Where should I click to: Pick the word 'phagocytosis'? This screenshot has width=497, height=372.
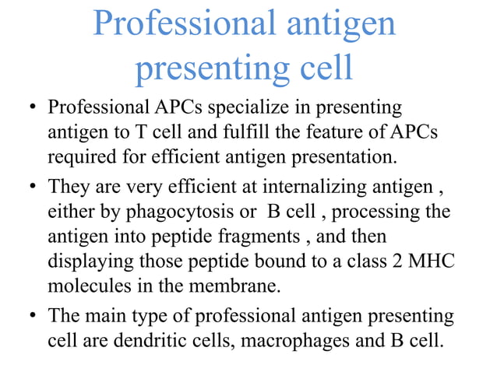point(175,212)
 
